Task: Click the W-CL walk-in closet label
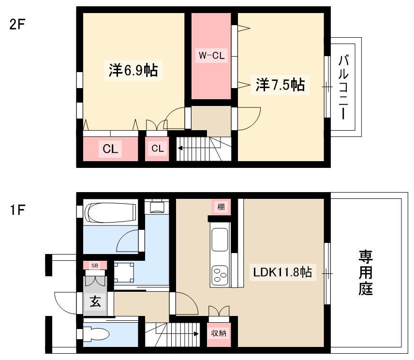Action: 211,56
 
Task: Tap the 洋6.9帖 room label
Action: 133,70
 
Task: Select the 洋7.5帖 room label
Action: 280,85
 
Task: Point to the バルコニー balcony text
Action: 343,87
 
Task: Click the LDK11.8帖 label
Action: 282,272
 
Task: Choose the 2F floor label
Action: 17,25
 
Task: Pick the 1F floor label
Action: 17,210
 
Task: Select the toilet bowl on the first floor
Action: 96,334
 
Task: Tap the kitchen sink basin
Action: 220,240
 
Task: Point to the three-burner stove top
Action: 220,275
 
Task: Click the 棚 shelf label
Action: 221,207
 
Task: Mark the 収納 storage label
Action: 219,333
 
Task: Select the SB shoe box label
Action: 95,266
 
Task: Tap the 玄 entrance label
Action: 95,301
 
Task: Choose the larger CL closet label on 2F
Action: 110,149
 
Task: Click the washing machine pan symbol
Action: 124,272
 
